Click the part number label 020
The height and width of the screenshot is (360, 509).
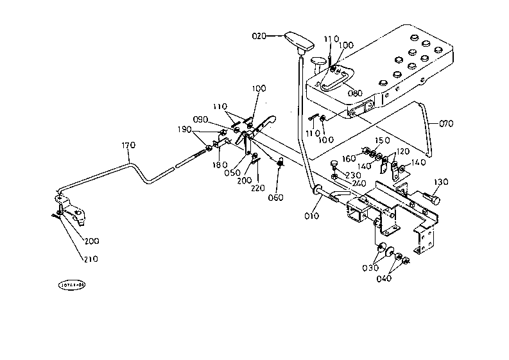(x=259, y=36)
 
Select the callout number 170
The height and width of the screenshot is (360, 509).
(x=128, y=146)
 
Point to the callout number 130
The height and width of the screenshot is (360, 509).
(x=441, y=182)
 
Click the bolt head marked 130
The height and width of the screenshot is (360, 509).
(x=435, y=201)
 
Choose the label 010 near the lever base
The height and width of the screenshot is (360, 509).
(x=312, y=216)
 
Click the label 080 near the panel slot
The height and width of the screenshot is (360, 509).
(x=355, y=93)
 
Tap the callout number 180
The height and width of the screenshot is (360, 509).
(x=218, y=165)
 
